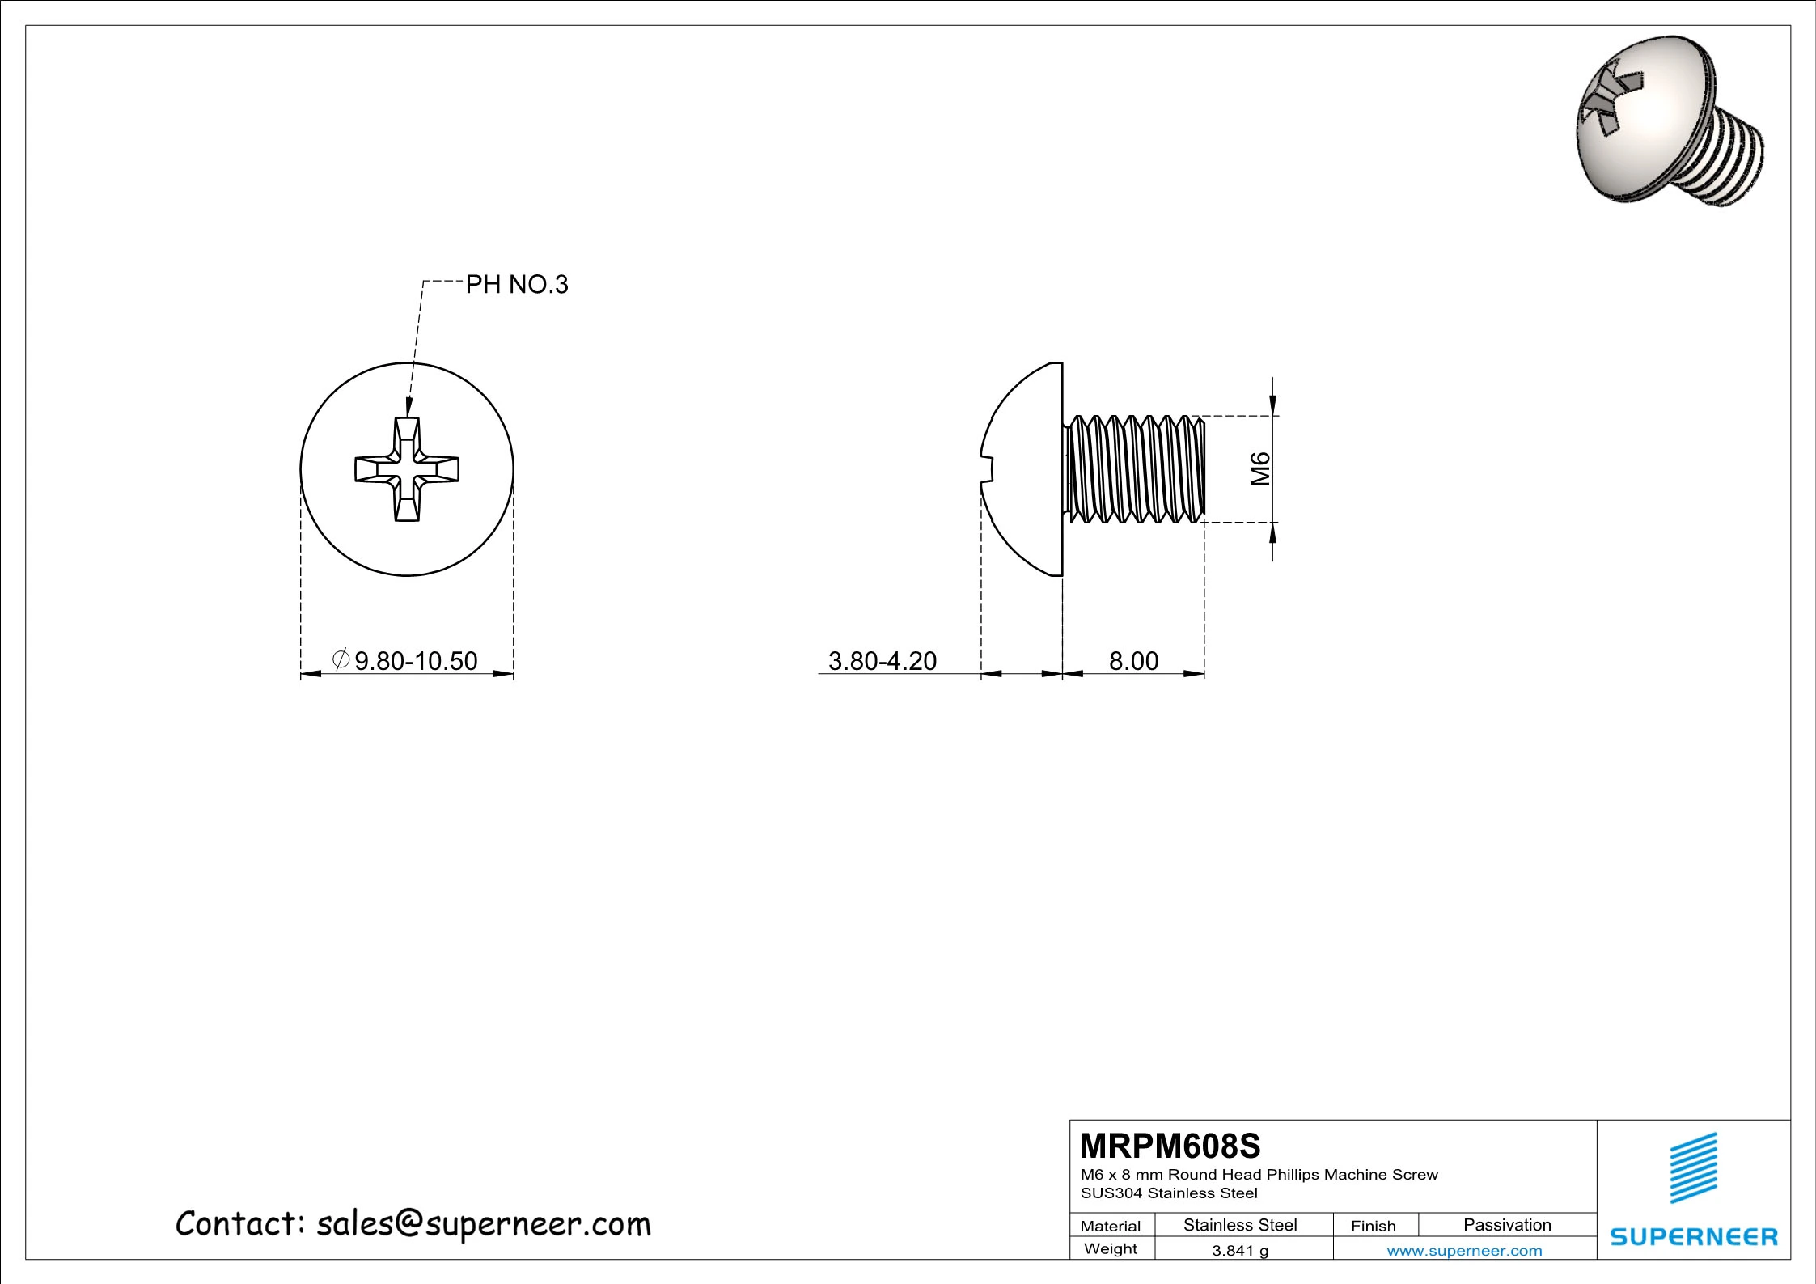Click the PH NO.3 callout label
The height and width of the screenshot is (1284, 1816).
tap(517, 285)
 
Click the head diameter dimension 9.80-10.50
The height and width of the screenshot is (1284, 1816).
tap(416, 661)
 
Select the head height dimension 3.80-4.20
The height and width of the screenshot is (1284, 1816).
tap(882, 661)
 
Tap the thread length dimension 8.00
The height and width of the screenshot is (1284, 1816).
tap(1133, 661)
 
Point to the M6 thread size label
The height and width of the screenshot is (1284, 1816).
tap(1260, 469)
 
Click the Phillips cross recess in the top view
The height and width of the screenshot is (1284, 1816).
tap(407, 469)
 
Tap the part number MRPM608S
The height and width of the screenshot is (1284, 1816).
tap(1170, 1146)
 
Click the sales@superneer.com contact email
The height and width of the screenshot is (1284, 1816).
tap(483, 1224)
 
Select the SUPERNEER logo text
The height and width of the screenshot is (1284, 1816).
tap(1694, 1237)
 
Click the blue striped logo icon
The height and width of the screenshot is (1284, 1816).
tap(1694, 1167)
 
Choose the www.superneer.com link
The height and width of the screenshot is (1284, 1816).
tap(1464, 1251)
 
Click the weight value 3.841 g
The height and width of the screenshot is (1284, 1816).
tap(1240, 1251)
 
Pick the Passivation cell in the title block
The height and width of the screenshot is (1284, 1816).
tap(1507, 1225)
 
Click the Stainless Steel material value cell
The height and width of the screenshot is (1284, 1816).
tap(1240, 1225)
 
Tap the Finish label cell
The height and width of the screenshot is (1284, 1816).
tap(1373, 1226)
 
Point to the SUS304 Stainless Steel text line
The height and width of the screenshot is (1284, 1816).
tap(1169, 1193)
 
